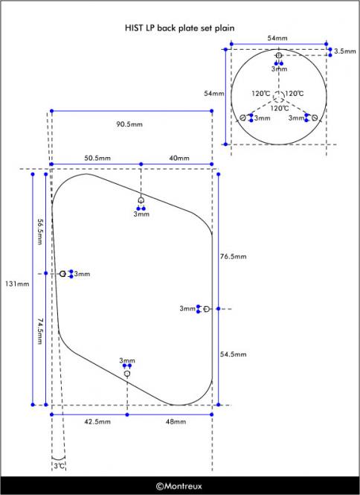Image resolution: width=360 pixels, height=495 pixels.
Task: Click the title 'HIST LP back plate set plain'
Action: point(179,28)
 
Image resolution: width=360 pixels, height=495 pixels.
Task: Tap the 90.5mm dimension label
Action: point(129,124)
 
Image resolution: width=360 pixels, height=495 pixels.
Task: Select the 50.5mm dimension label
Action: point(97,158)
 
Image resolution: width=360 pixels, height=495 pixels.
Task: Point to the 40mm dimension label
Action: point(179,158)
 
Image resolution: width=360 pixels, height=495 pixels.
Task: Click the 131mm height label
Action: point(17,284)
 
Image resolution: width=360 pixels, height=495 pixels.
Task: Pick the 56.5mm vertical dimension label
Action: point(39,231)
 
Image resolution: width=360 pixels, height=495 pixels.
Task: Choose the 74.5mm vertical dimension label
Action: point(39,331)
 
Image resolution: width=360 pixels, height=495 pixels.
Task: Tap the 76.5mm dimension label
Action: point(233,256)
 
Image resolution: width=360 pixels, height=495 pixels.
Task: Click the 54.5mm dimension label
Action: point(233,354)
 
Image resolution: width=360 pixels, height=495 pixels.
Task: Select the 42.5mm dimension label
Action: point(97,421)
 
